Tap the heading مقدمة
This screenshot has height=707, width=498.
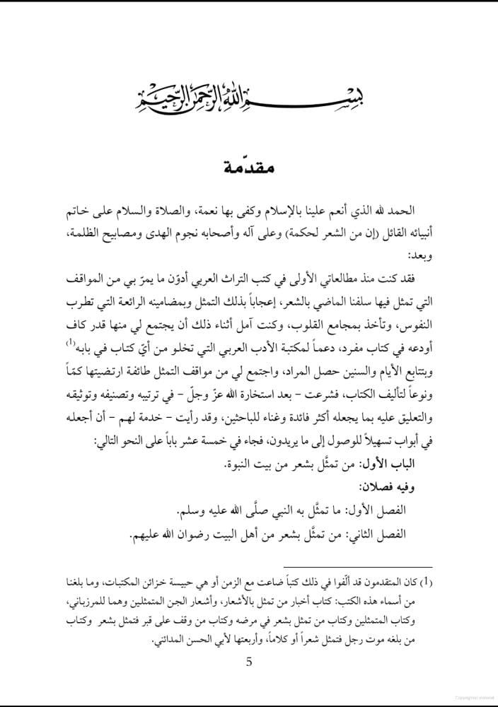click(x=248, y=170)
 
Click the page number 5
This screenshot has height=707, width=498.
click(x=248, y=662)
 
